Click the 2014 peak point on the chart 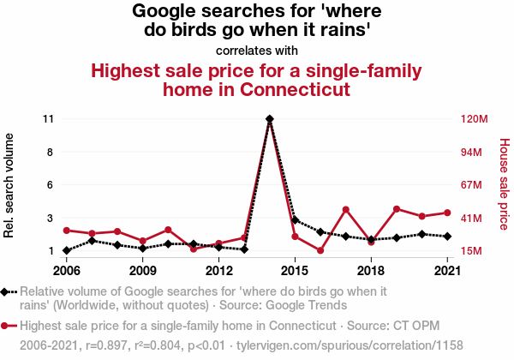(270, 119)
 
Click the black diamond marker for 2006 (67, 250)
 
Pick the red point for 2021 (447, 213)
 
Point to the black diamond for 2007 (92, 241)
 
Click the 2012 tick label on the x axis (218, 271)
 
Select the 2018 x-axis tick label (370, 271)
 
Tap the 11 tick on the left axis (48, 119)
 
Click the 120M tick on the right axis (474, 119)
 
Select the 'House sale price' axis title (504, 185)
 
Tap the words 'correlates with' (257, 50)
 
